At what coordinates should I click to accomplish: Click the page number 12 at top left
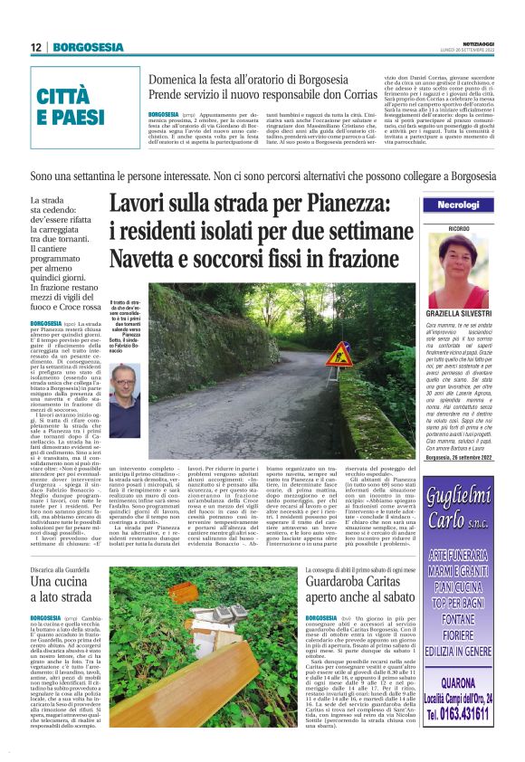click(35, 47)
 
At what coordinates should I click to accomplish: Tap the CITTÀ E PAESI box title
click(71, 107)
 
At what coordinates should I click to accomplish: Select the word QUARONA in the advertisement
click(458, 684)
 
